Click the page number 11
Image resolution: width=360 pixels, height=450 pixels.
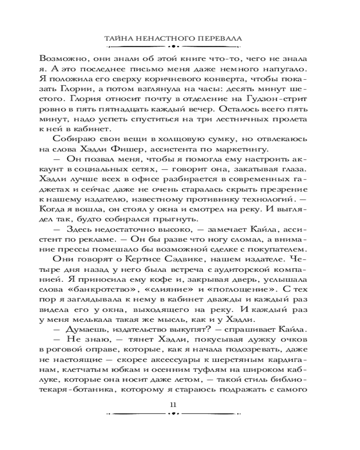(x=174, y=404)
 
